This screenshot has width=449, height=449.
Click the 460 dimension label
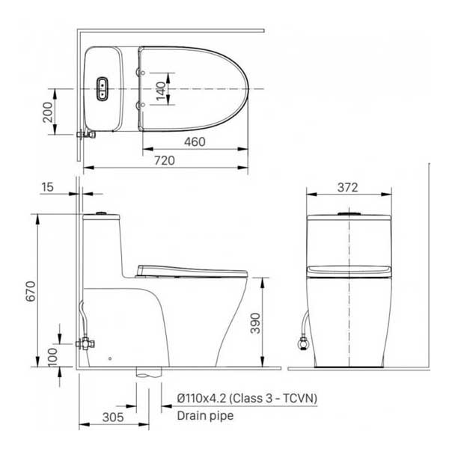pyautogui.click(x=195, y=141)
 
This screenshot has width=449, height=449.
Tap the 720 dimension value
pyautogui.click(x=165, y=160)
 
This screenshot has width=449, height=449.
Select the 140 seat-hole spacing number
pyautogui.click(x=161, y=91)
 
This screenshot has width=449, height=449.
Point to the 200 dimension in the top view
pyautogui.click(x=48, y=112)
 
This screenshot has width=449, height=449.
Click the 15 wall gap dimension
pyautogui.click(x=48, y=187)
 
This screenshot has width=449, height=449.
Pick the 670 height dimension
pyautogui.click(x=31, y=291)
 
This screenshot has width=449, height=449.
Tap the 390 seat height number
pyautogui.click(x=255, y=323)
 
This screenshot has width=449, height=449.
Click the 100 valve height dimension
pyautogui.click(x=52, y=358)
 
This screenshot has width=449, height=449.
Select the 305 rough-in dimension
pyautogui.click(x=113, y=418)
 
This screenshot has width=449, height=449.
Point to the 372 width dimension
pyautogui.click(x=348, y=188)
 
